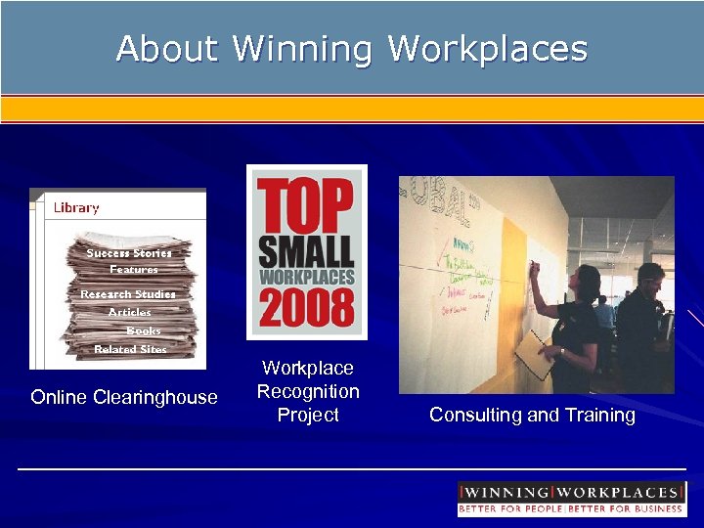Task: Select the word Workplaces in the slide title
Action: pos(488,48)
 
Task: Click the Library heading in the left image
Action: pos(76,207)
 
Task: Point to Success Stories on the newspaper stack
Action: pos(128,253)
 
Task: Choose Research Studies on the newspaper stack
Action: pos(128,294)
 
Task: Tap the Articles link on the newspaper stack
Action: pos(130,313)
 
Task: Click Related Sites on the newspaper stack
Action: pos(130,349)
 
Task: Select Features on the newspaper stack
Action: pos(134,270)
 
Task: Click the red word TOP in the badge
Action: pos(306,206)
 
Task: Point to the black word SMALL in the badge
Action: pos(306,251)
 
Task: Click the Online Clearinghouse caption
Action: pos(124,397)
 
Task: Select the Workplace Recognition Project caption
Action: pos(308,391)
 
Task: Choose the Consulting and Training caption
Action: pos(532,416)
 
